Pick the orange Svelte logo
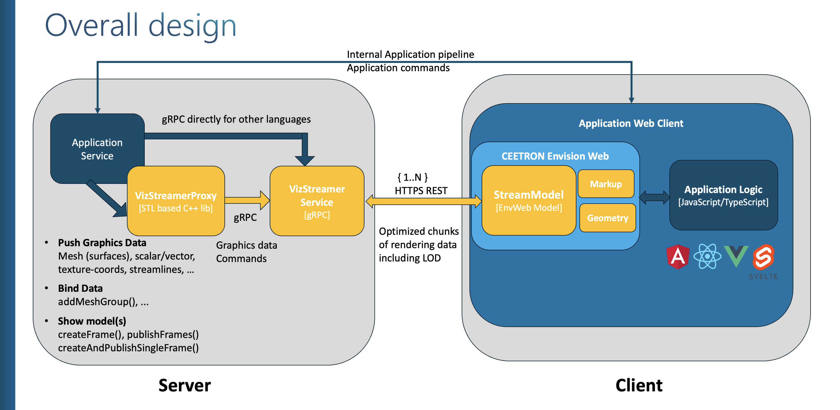tap(763, 257)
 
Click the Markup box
tap(606, 184)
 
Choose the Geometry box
tap(607, 218)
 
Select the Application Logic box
tap(723, 195)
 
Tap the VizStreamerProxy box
tap(176, 201)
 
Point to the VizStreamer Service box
tap(317, 201)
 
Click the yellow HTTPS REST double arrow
tap(424, 201)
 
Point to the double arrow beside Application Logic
tap(654, 197)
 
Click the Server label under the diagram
tap(184, 385)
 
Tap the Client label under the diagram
tap(639, 385)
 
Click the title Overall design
tap(141, 26)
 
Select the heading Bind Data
tap(80, 288)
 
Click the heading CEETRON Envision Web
tap(555, 156)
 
